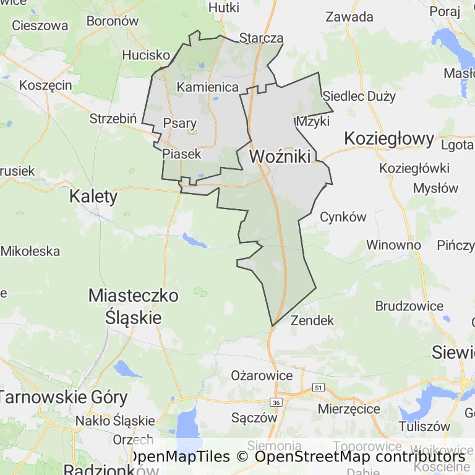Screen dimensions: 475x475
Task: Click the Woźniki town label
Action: tap(280, 156)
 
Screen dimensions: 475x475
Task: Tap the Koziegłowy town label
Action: tap(389, 138)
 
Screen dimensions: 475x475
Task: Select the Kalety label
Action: tap(93, 197)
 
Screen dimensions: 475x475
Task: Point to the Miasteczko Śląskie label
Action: tap(133, 306)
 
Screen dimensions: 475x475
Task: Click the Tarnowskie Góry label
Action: tap(64, 397)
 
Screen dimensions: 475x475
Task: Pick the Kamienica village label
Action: tap(208, 87)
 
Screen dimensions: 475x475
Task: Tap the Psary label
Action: tap(179, 123)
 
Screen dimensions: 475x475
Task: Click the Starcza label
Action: tap(261, 38)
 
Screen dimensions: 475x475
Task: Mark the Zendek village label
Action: tap(312, 320)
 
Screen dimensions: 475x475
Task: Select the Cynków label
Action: tap(343, 217)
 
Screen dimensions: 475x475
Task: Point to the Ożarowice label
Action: tap(262, 375)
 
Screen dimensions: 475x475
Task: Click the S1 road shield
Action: tap(319, 388)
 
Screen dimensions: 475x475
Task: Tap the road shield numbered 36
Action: tap(276, 403)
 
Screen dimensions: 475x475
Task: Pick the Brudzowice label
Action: tap(409, 306)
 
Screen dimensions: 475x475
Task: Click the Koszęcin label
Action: tap(46, 85)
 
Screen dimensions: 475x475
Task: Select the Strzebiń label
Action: tap(113, 118)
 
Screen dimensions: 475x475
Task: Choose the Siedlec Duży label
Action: tap(359, 96)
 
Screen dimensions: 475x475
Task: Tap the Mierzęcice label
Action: tap(349, 409)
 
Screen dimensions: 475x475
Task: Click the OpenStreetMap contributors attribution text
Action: tap(359, 457)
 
